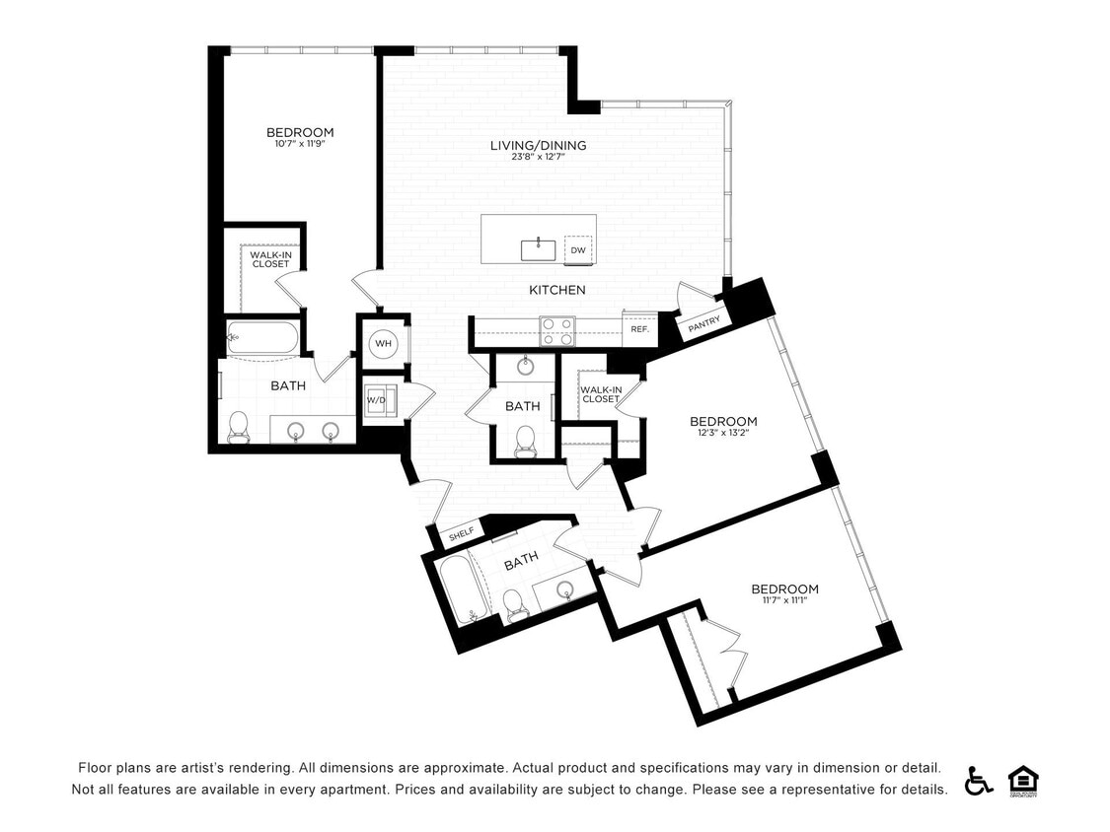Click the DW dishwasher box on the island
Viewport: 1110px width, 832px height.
pyautogui.click(x=578, y=250)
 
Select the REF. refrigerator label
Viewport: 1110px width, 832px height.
pyautogui.click(x=639, y=329)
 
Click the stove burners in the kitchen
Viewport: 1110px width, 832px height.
pyautogui.click(x=556, y=330)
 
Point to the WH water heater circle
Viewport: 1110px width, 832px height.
pyautogui.click(x=383, y=344)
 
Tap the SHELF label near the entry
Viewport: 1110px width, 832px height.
pyautogui.click(x=461, y=534)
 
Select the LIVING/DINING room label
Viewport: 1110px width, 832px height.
pyautogui.click(x=538, y=146)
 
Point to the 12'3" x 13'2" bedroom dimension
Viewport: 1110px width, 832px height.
pyautogui.click(x=723, y=431)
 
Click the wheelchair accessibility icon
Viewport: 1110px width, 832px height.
pyautogui.click(x=979, y=780)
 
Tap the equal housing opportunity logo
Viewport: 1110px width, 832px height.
pyautogui.click(x=1023, y=780)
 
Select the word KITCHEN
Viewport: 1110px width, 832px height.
pyautogui.click(x=557, y=290)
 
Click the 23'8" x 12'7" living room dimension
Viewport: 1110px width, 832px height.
pyautogui.click(x=538, y=157)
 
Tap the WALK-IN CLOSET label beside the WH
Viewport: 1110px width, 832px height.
pyautogui.click(x=270, y=259)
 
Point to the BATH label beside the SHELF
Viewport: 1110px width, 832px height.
pyautogui.click(x=521, y=559)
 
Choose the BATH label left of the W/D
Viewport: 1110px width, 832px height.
pyautogui.click(x=288, y=385)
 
